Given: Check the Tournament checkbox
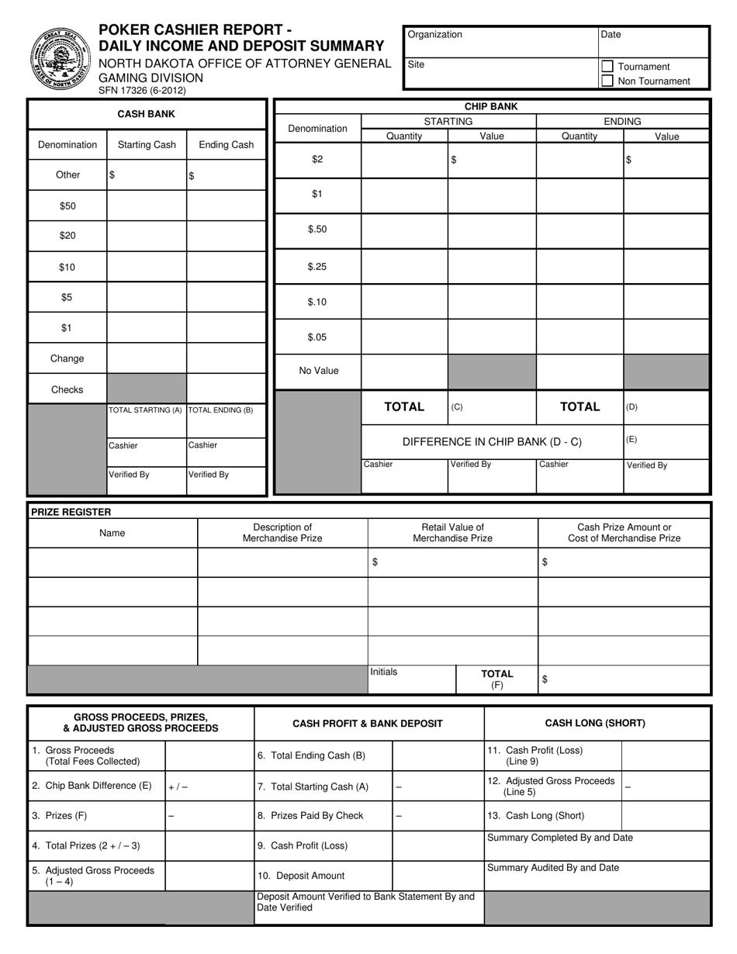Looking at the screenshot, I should (608, 67).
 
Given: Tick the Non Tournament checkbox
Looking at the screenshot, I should (608, 81).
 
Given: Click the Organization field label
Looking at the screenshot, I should (434, 35).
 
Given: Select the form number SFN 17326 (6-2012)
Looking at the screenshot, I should (142, 90).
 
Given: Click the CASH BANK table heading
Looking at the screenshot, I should (146, 114).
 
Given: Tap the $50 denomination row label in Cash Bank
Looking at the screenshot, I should (67, 206).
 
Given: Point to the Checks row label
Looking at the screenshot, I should (67, 389).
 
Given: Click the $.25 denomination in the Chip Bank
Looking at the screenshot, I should (317, 266).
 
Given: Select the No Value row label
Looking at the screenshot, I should (319, 371).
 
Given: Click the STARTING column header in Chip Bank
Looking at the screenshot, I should (448, 121).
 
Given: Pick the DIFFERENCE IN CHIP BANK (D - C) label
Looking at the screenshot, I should (492, 442).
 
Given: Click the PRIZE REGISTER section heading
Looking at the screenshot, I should (70, 512).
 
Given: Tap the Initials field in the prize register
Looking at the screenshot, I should (411, 679).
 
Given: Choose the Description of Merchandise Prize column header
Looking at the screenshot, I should (282, 533).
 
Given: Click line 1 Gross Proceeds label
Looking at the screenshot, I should (85, 755).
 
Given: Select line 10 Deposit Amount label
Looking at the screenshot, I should (301, 876).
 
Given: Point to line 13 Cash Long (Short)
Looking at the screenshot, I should (536, 815).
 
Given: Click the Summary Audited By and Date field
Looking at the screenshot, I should (597, 875).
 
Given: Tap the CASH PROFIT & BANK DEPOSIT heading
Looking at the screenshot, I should (368, 724).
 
